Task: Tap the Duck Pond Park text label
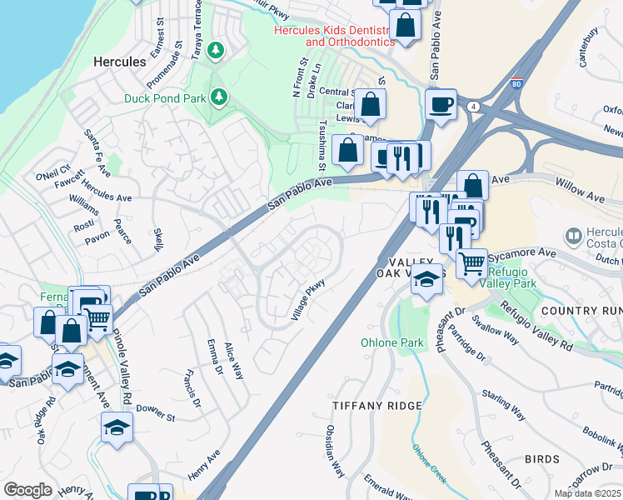tap(165, 98)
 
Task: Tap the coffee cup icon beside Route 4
tap(441, 105)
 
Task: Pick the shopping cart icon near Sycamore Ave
tap(472, 264)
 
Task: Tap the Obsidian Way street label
tap(336, 452)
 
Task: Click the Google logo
tap(27, 490)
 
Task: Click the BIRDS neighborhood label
tap(541, 459)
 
